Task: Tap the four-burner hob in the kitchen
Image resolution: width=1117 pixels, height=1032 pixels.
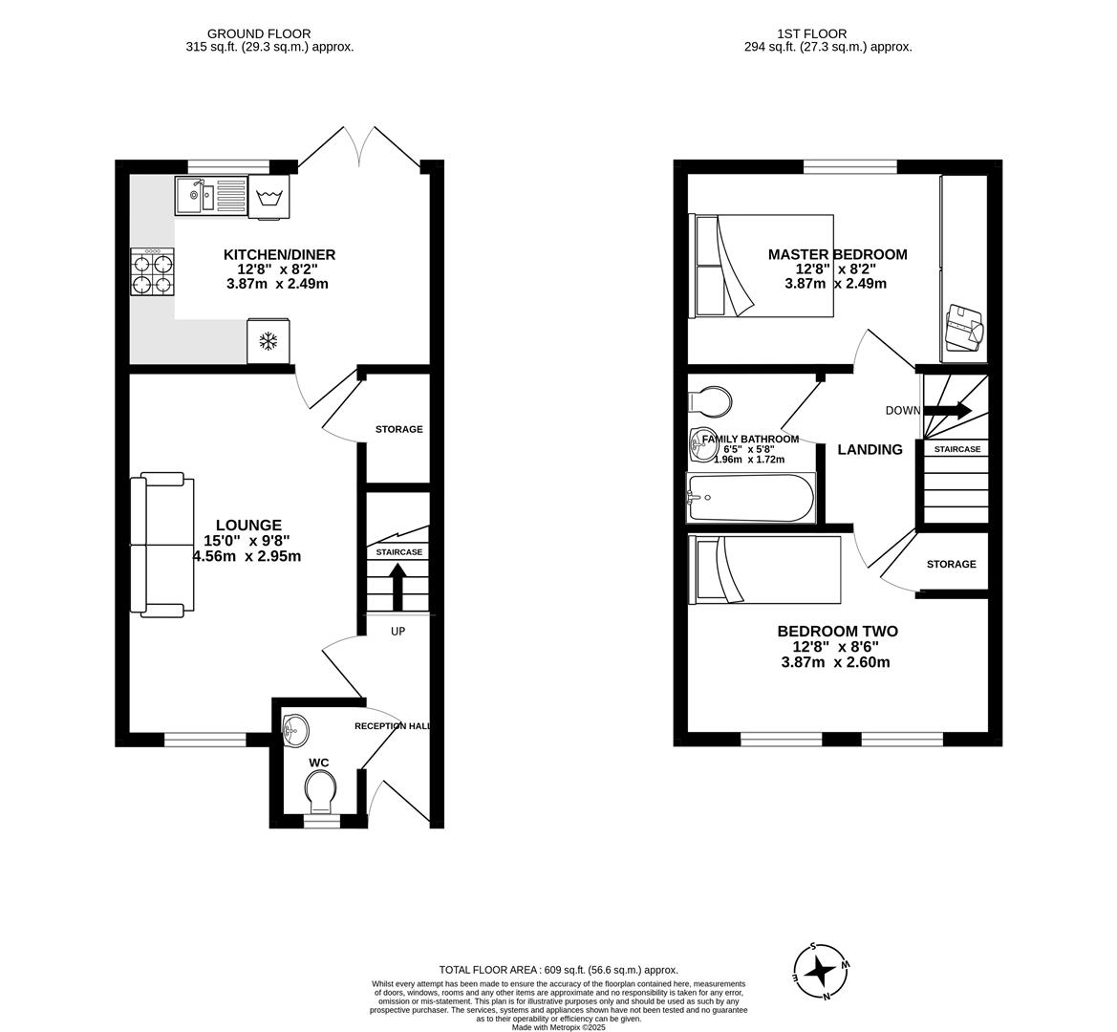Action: pyautogui.click(x=153, y=271)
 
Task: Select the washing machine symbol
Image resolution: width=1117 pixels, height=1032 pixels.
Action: pyautogui.click(x=269, y=197)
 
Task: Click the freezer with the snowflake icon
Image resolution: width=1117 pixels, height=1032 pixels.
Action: pyautogui.click(x=269, y=341)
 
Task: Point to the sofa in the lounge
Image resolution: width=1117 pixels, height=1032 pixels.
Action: pyautogui.click(x=162, y=544)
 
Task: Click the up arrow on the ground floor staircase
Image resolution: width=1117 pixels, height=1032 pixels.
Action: pyautogui.click(x=397, y=585)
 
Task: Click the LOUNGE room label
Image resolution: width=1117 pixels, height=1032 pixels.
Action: pyautogui.click(x=248, y=525)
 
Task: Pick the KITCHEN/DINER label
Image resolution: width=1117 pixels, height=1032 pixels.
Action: pyautogui.click(x=279, y=254)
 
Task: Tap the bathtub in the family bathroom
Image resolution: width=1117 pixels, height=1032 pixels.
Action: pyautogui.click(x=750, y=498)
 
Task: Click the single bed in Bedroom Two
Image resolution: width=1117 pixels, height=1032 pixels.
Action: pyautogui.click(x=764, y=570)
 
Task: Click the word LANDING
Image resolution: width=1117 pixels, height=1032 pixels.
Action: pyautogui.click(x=870, y=449)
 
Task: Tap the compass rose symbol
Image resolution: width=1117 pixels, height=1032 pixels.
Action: pyautogui.click(x=820, y=972)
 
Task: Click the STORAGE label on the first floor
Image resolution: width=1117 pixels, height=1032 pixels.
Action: pyautogui.click(x=951, y=564)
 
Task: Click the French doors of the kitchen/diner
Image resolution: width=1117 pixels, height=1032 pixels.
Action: pyautogui.click(x=358, y=148)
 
